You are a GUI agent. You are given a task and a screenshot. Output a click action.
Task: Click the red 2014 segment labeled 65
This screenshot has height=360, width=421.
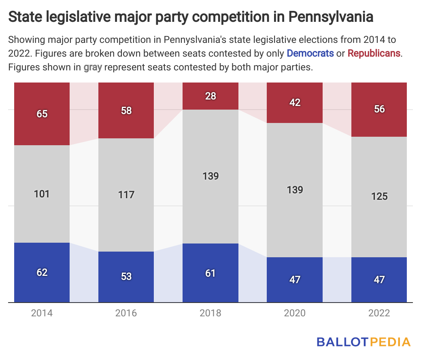(42, 114)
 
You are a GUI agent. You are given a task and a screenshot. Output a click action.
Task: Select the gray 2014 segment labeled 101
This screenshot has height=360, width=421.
(42, 194)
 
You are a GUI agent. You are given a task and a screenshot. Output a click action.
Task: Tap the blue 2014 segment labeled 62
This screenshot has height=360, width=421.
(42, 272)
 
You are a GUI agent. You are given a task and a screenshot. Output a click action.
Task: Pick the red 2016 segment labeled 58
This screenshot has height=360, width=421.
(126, 110)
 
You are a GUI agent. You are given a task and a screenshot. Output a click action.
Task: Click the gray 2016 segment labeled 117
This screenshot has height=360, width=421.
(126, 195)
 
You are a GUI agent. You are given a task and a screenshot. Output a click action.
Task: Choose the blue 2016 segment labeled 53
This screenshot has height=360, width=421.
(126, 277)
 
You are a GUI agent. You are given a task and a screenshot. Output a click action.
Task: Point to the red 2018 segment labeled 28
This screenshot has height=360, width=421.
(210, 96)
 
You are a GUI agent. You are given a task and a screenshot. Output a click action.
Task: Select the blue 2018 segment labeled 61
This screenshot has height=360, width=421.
(210, 273)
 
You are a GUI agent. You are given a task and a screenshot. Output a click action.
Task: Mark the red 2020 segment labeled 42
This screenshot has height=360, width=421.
(295, 102)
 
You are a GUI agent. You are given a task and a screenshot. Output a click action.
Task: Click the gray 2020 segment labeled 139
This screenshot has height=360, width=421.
(295, 190)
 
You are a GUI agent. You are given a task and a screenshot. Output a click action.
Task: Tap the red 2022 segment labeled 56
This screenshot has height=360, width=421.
(379, 109)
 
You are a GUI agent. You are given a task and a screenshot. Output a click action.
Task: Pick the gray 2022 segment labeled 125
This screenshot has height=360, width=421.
(379, 197)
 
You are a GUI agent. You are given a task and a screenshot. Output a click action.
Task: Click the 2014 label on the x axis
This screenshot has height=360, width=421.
(42, 313)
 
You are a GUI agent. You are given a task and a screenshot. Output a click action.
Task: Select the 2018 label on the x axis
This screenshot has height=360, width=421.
(210, 313)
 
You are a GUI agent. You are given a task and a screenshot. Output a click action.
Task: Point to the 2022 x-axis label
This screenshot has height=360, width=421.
(379, 313)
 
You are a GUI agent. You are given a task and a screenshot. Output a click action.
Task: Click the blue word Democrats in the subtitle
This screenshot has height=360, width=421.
(310, 53)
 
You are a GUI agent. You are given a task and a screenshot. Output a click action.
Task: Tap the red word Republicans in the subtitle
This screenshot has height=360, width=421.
(374, 53)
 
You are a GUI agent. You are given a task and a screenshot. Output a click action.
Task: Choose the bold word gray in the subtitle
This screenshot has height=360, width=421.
(93, 67)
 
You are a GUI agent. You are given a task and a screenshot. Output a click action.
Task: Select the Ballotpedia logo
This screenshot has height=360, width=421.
(364, 342)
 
